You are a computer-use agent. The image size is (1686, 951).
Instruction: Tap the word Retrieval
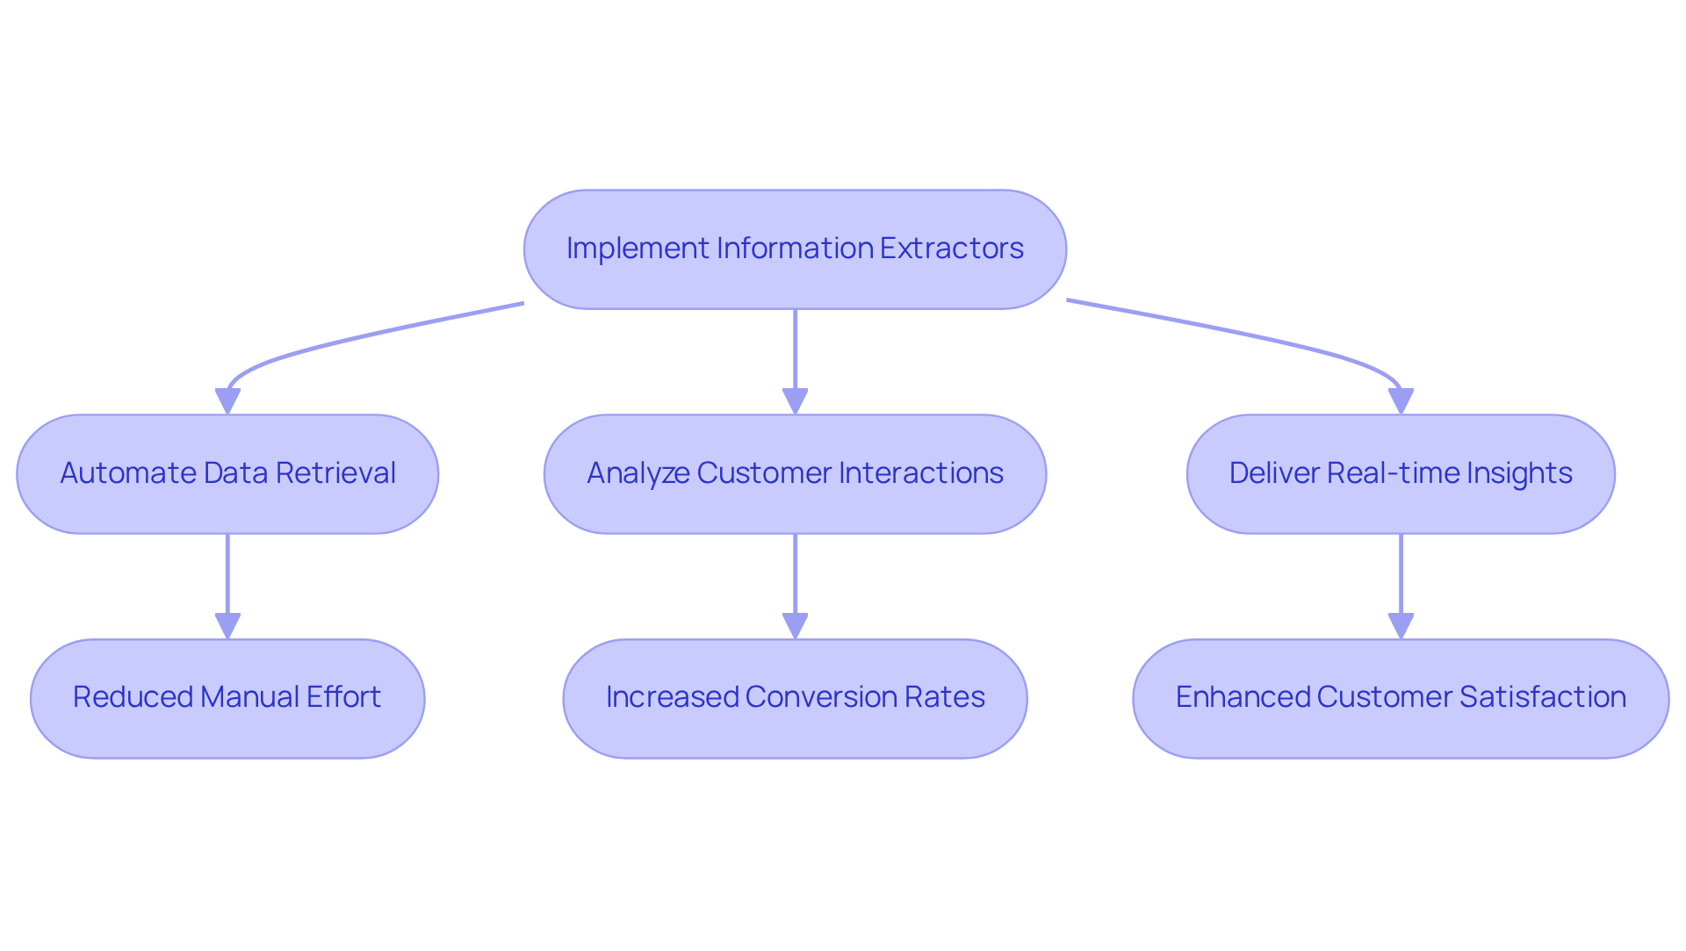335,473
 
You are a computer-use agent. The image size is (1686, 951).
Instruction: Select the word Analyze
638,473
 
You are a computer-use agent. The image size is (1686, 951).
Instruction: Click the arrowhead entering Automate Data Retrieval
227,401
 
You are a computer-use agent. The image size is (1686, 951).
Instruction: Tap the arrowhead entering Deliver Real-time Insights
1401,401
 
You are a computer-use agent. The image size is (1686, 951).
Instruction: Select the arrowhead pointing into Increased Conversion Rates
795,626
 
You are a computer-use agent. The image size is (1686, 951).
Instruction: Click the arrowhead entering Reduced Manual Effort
227,626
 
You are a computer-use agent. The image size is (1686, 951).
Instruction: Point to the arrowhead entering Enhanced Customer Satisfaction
1401,626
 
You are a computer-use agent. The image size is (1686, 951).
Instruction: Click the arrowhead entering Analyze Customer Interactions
795,401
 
